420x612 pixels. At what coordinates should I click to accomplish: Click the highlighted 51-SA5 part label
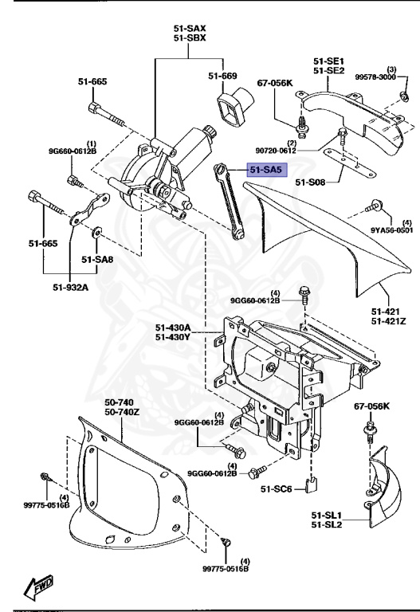[x=266, y=170]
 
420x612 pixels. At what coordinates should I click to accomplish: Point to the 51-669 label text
[x=223, y=76]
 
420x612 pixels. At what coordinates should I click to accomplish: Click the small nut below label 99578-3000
[x=404, y=97]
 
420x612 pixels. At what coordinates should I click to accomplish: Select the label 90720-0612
[x=298, y=150]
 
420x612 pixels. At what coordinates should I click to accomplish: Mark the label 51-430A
[x=173, y=327]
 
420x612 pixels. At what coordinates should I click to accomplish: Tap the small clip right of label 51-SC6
[x=314, y=482]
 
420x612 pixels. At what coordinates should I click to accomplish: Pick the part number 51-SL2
[x=328, y=524]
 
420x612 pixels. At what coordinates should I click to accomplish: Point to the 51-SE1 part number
[x=328, y=61]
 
